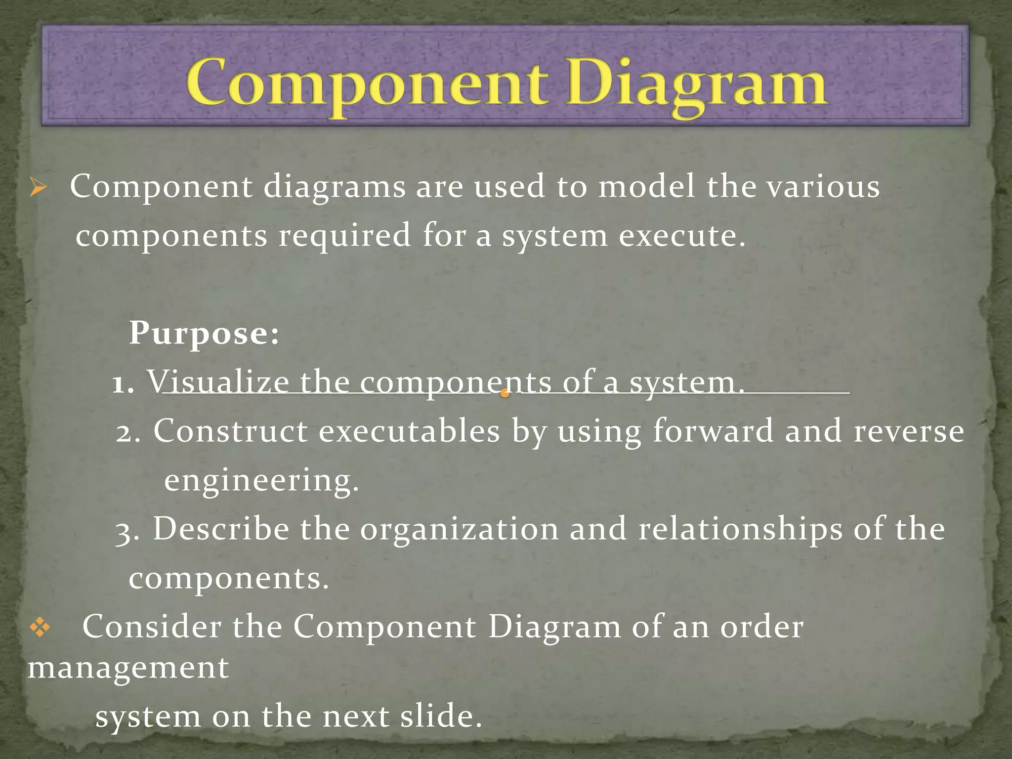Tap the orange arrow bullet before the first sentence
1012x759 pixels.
click(x=38, y=188)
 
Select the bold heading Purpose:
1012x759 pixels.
click(x=204, y=334)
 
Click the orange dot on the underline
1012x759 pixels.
click(x=505, y=393)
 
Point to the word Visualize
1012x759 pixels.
click(x=218, y=382)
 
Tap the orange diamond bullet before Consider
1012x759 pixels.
click(x=40, y=628)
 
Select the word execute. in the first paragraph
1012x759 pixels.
click(x=682, y=236)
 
